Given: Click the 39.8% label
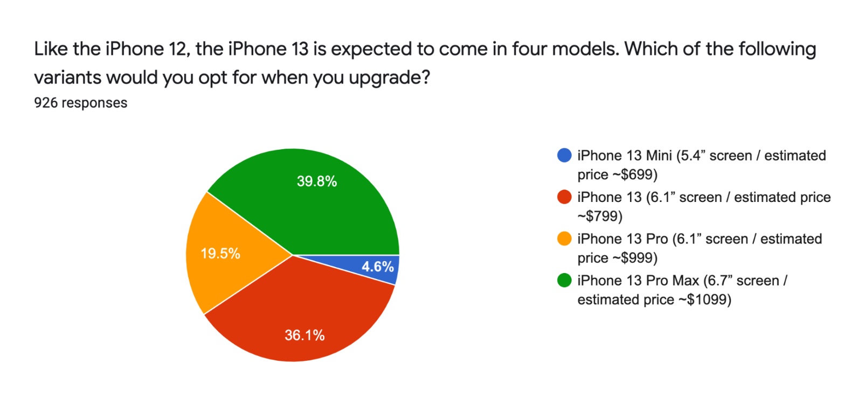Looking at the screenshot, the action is coord(317,181).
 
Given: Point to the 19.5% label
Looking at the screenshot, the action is coord(220,254).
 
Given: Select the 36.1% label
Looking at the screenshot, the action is coord(305,336).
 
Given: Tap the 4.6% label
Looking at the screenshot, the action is coord(378,267).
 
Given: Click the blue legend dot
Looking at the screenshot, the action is coord(564,156).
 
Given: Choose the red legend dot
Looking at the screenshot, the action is coord(564,197).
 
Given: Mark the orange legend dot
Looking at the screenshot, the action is coord(564,239).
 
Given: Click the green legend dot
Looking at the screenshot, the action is coord(564,281).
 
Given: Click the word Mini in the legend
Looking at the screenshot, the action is coord(659,156).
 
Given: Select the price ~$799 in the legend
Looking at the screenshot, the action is coord(600,217).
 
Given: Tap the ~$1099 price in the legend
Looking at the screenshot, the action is coord(705,300).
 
